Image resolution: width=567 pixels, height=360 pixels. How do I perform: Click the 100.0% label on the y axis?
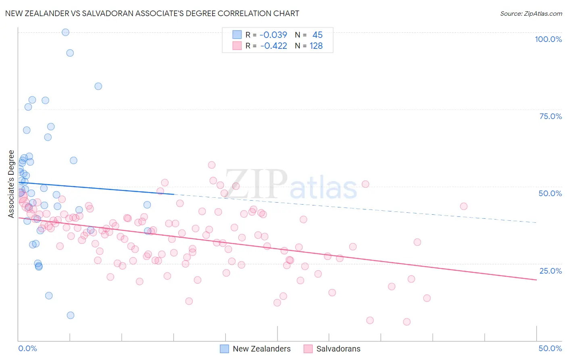(x=548, y=39)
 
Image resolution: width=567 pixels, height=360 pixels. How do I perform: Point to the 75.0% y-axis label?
(x=550, y=116)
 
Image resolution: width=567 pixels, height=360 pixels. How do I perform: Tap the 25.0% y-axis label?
(x=550, y=271)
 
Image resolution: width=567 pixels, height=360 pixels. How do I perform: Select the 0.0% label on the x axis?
(x=27, y=348)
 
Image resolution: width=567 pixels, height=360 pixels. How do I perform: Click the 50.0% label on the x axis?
(x=550, y=348)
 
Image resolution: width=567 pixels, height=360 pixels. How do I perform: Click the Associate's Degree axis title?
(x=11, y=184)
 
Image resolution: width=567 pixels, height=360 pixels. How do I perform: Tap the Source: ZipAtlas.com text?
(x=531, y=13)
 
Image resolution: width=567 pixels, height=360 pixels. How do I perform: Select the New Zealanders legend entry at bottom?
(x=255, y=349)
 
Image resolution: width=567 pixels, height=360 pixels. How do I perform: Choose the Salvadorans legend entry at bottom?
(x=332, y=349)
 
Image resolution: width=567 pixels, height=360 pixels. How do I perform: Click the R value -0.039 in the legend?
(x=273, y=35)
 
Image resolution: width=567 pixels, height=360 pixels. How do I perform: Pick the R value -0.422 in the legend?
(x=273, y=46)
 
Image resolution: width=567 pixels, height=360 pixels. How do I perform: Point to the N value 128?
(x=316, y=46)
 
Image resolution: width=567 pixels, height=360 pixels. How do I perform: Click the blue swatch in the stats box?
(x=237, y=35)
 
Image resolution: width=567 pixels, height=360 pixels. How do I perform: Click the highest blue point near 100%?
(x=65, y=32)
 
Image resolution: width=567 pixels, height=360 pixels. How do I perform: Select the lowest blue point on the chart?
(x=71, y=315)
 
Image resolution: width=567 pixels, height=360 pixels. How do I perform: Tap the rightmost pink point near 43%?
(x=463, y=206)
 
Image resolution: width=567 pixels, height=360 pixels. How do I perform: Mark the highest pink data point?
(x=212, y=165)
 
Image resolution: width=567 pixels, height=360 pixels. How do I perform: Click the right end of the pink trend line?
(x=536, y=280)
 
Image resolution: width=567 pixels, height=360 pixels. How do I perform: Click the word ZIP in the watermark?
(x=256, y=185)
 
